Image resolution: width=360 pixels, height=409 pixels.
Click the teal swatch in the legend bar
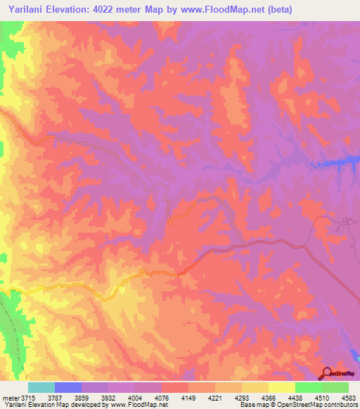[x=41, y=387]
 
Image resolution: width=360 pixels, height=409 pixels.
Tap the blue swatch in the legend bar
[x=67, y=387]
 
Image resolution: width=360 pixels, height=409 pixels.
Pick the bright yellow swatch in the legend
[x=281, y=387]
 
